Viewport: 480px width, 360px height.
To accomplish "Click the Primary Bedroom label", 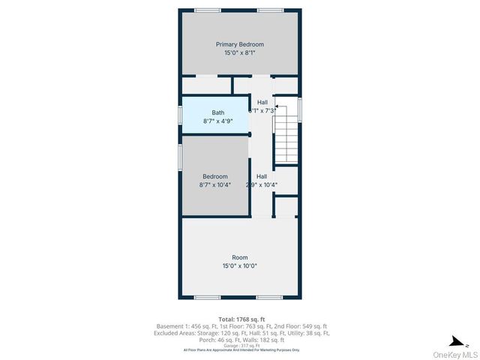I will pyautogui.click(x=240, y=44).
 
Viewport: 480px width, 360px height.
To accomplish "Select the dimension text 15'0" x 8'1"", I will pyautogui.click(x=240, y=53).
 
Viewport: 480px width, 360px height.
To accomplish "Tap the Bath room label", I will pyautogui.click(x=217, y=112).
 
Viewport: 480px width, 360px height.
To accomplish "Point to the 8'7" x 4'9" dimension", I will pyautogui.click(x=217, y=121).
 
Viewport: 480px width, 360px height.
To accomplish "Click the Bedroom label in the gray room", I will pyautogui.click(x=215, y=176).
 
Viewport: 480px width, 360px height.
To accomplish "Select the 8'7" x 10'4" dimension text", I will pyautogui.click(x=215, y=184).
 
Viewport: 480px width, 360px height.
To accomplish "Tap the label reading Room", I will pyautogui.click(x=239, y=257).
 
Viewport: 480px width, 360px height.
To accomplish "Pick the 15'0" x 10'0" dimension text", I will pyautogui.click(x=239, y=266).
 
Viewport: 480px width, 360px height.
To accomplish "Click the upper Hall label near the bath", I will pyautogui.click(x=262, y=102).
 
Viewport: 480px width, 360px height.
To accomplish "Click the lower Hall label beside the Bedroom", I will pyautogui.click(x=262, y=176).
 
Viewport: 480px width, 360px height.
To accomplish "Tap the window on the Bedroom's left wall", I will pyautogui.click(x=180, y=157).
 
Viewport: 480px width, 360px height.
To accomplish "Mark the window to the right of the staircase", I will pyautogui.click(x=300, y=109).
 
